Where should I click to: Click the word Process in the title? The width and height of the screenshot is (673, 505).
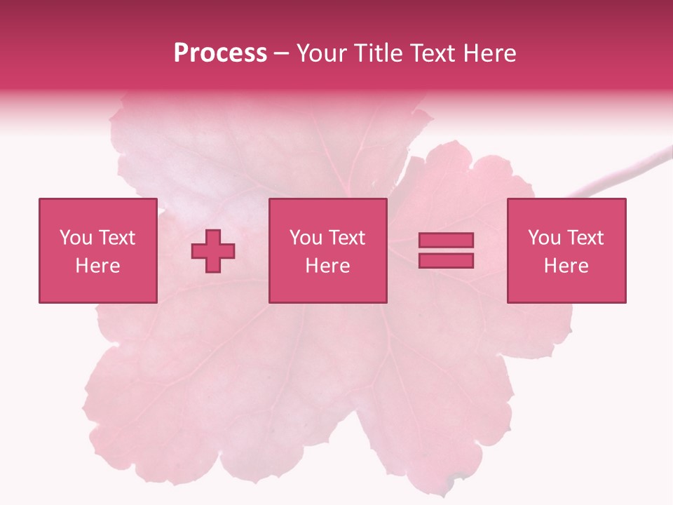[x=220, y=53]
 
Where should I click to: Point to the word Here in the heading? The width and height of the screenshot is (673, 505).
[x=489, y=53]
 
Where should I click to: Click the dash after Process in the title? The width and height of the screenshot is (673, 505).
[x=281, y=54]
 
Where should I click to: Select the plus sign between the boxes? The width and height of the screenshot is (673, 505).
[x=213, y=251]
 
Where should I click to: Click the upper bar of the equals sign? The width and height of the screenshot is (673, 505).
[x=446, y=241]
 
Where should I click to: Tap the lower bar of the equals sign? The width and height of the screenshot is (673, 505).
[x=446, y=261]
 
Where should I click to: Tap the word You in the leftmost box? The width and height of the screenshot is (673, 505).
[x=76, y=238]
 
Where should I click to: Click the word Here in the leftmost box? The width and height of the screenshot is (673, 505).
[x=97, y=266]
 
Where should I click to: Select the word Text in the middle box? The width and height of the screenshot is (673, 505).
[x=347, y=238]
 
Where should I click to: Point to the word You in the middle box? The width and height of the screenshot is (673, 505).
[x=306, y=238]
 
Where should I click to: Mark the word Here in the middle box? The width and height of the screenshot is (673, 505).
[x=327, y=266]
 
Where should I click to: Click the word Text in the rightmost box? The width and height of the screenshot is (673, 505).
[x=585, y=238]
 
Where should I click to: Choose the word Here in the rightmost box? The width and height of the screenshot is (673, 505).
[x=566, y=266]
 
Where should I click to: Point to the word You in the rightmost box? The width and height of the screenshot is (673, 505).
[x=544, y=238]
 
